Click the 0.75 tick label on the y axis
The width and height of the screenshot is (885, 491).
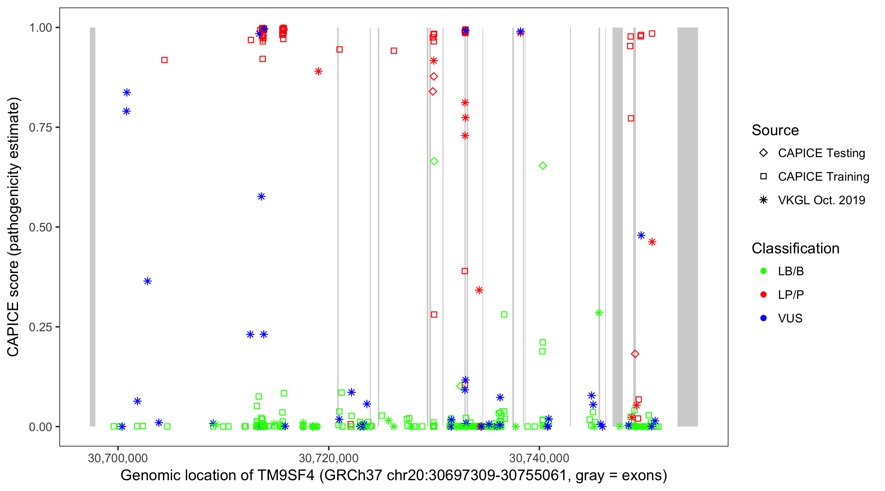click(x=40, y=128)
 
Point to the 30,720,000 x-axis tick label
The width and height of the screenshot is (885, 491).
click(x=328, y=458)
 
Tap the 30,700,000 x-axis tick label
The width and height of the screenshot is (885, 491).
click(x=118, y=458)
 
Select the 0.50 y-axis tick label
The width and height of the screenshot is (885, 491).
click(x=40, y=227)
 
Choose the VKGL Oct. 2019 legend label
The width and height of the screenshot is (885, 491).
click(x=821, y=200)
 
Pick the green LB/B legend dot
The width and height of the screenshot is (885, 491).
click(x=763, y=271)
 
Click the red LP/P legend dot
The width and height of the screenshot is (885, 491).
click(x=763, y=295)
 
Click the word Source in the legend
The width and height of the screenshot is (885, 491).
click(x=775, y=130)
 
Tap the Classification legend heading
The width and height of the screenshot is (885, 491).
click(x=795, y=248)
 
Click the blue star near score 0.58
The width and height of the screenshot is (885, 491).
click(x=262, y=197)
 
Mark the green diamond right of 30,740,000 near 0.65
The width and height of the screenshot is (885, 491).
click(x=543, y=166)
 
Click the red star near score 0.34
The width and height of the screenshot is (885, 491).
click(x=479, y=290)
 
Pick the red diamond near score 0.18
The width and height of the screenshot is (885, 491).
click(x=635, y=354)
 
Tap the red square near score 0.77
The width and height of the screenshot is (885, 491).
click(x=631, y=118)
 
